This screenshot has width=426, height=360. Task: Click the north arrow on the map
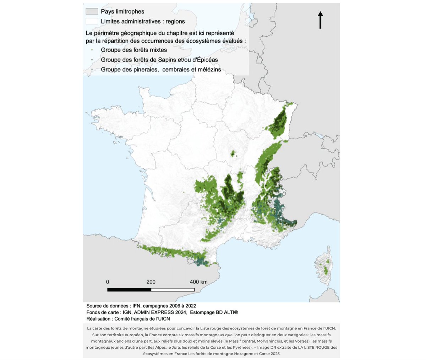pos(320,20)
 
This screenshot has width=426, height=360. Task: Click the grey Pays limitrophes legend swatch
pos(92,12)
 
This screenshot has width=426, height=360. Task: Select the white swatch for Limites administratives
pos(92,21)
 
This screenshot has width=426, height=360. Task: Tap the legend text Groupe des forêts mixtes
pos(134,50)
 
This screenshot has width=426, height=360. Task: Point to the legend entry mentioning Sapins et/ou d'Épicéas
pos(159,60)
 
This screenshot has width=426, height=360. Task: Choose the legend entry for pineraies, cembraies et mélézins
pos(161,70)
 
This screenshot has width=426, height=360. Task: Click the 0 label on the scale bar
pos(108,282)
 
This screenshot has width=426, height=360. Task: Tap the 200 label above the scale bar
pos(151,282)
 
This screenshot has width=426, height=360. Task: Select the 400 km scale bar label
pos(198,282)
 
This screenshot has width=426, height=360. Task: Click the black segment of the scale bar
pos(129,290)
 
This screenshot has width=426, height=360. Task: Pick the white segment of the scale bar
pos(173,290)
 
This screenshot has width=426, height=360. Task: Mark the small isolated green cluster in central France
pos(233,154)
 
